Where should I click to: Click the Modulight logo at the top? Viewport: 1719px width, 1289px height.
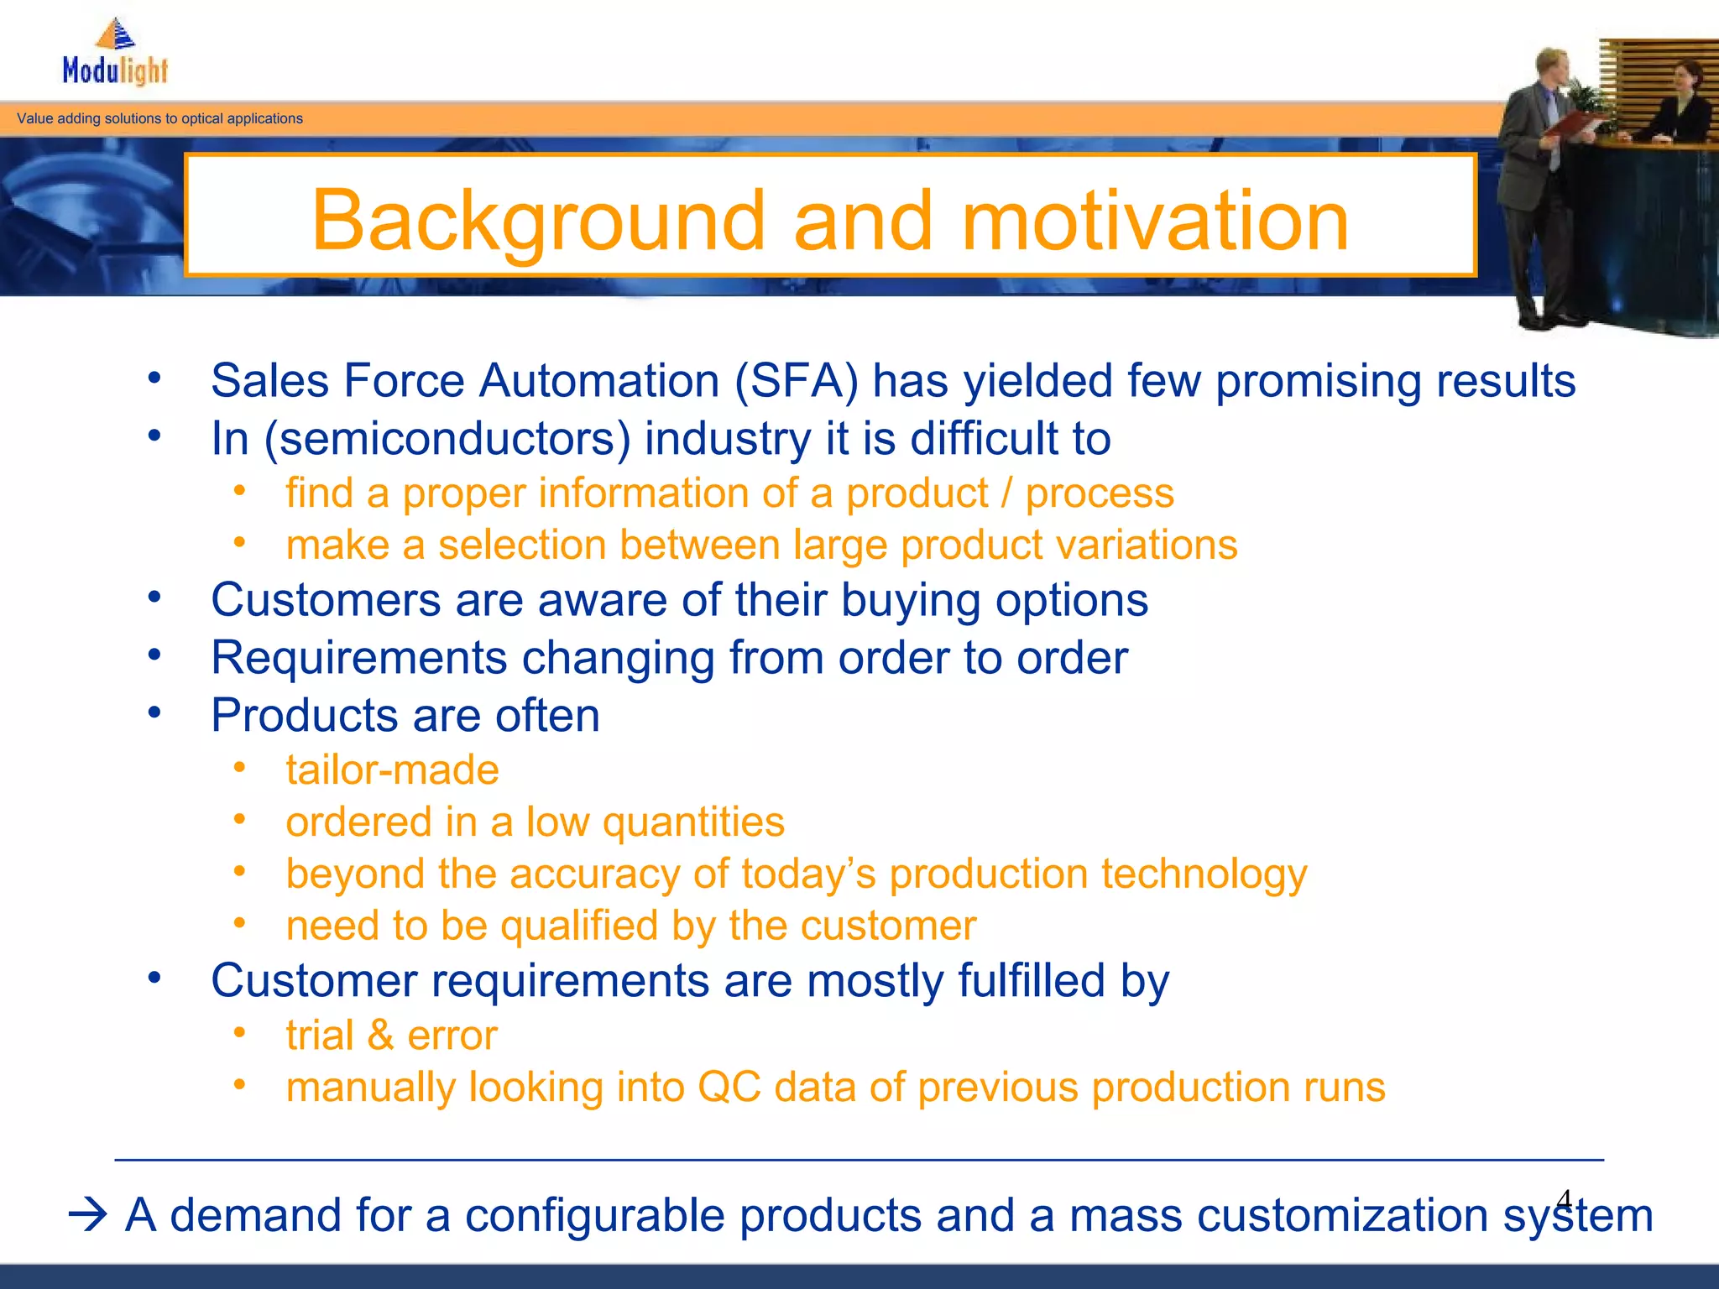point(116,54)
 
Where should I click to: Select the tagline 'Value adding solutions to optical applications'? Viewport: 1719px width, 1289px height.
point(159,118)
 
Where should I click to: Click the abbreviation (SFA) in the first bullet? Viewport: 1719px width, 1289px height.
point(797,381)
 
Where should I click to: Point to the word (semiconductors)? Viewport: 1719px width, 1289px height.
point(447,439)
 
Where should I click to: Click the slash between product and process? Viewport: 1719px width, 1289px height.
point(1006,493)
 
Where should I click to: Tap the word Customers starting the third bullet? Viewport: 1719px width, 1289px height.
point(326,601)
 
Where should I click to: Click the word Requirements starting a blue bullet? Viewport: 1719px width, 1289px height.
point(358,658)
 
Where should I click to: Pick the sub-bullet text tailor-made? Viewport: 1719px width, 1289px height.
point(392,770)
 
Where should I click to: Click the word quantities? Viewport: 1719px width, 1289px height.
point(693,822)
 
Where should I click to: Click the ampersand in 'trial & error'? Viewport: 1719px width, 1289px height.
point(380,1035)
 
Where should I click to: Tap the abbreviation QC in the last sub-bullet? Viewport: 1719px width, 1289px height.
point(729,1088)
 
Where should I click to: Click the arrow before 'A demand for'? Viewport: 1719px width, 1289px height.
point(87,1214)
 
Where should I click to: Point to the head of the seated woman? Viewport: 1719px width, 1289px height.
point(1685,77)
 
